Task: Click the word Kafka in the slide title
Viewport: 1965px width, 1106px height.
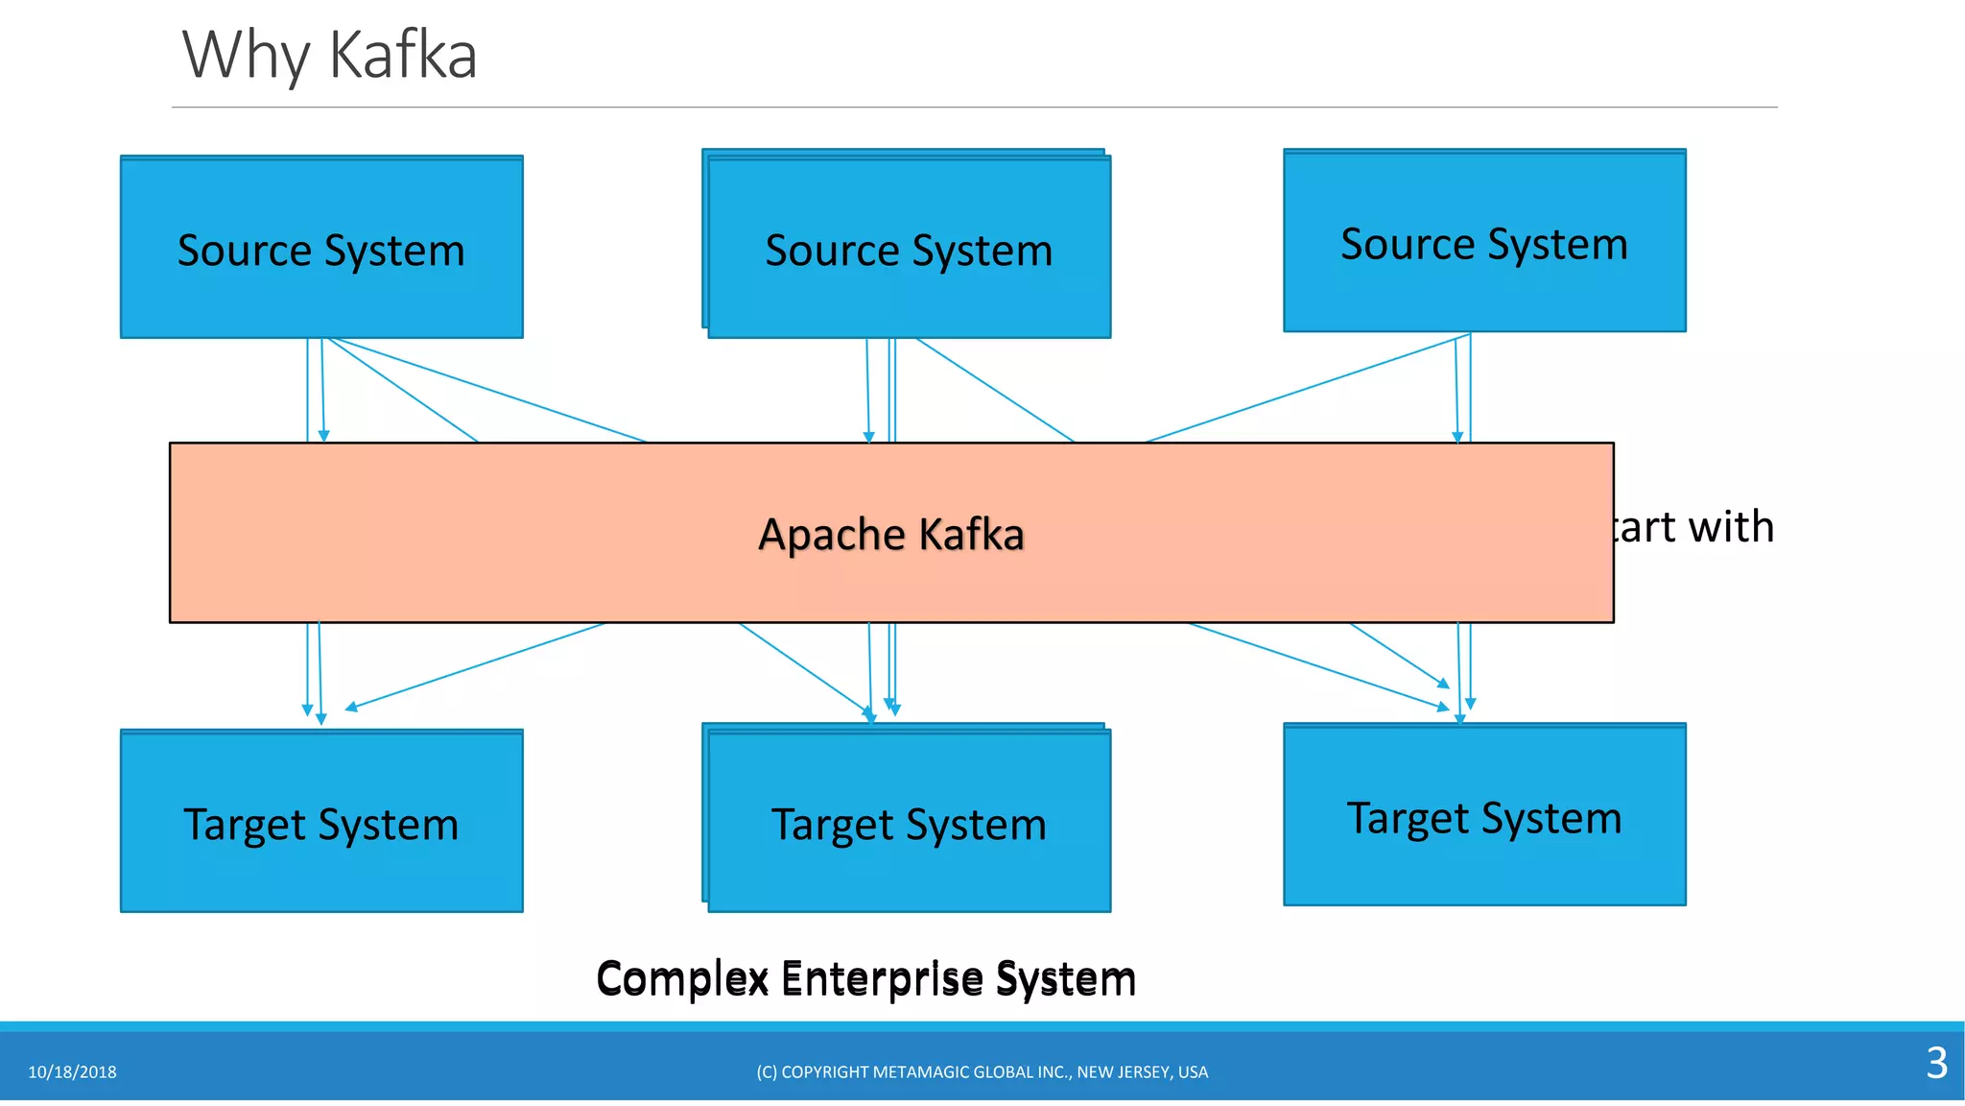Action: pos(403,56)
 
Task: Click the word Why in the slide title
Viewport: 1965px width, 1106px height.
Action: pos(246,56)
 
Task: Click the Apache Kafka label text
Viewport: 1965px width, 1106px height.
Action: pos(891,534)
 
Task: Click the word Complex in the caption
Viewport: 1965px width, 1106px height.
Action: pos(682,978)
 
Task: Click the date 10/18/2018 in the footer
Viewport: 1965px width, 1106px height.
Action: pos(72,1072)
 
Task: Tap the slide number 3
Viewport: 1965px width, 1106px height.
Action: pos(1936,1063)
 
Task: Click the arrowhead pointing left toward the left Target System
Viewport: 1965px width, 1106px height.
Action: pos(350,708)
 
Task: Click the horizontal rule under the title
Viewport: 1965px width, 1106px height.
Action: pos(974,107)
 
